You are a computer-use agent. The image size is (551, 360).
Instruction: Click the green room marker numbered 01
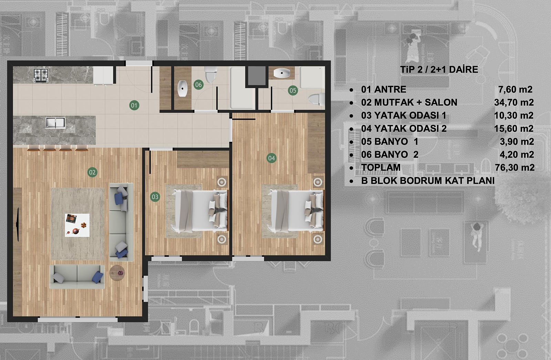[134, 106]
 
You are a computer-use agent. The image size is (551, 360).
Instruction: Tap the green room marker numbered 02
[92, 172]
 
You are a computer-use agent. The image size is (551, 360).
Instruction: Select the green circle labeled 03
[155, 197]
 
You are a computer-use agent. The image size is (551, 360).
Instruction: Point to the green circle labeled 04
[272, 158]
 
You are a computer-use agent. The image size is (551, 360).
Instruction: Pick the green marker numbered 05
[293, 91]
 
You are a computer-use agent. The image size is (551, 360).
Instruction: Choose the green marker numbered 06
[198, 85]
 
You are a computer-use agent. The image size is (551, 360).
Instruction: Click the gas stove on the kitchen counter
[41, 75]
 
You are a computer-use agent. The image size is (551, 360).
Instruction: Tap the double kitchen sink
[55, 123]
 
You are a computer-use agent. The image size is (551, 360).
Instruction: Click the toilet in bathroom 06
[210, 74]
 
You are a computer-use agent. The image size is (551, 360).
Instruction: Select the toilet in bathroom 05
[317, 99]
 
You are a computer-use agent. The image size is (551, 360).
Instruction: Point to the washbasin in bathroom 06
[182, 88]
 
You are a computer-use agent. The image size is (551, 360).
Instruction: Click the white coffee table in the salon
[77, 225]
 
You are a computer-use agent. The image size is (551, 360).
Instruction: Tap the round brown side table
[117, 273]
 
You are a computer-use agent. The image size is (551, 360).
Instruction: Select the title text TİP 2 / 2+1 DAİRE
[439, 70]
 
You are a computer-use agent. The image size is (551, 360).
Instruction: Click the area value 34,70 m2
[514, 102]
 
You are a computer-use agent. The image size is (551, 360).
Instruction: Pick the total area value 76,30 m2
[515, 168]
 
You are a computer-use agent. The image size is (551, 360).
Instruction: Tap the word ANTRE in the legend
[390, 89]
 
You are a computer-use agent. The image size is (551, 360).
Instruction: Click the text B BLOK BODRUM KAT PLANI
[428, 181]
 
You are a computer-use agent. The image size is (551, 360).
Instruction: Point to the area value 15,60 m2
[514, 128]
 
